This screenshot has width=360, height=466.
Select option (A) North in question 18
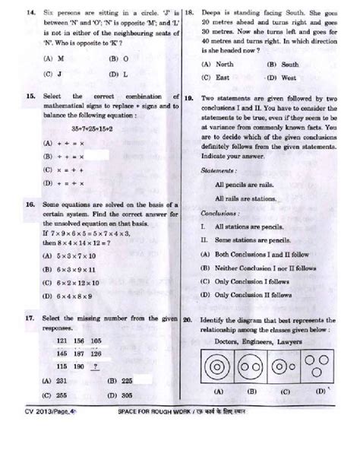(x=216, y=65)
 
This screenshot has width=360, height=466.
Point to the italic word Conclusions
(x=216, y=214)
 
